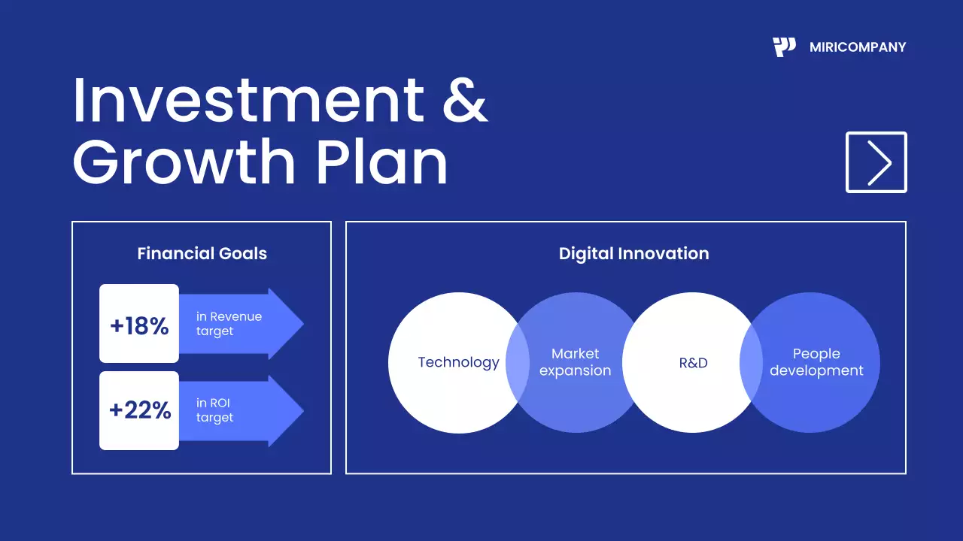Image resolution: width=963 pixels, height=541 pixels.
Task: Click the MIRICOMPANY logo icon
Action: [784, 47]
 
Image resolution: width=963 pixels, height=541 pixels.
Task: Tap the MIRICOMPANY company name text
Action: [858, 47]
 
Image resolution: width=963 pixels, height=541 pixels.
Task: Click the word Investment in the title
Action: [249, 101]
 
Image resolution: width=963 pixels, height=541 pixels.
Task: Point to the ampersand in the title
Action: [466, 101]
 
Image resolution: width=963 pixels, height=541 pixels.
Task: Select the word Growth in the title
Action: [184, 162]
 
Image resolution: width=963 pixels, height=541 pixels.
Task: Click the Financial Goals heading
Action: [202, 254]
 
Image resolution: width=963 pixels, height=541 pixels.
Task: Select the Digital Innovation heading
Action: [634, 254]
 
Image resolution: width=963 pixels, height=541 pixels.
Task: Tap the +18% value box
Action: [139, 323]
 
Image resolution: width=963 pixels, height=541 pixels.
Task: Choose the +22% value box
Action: [139, 410]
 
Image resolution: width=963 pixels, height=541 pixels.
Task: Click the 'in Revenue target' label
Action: [229, 324]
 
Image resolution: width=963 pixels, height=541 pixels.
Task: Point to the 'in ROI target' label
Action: [214, 410]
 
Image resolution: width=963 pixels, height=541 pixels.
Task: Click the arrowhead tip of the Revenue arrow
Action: [303, 323]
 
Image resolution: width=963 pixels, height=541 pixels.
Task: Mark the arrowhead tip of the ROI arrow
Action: [303, 411]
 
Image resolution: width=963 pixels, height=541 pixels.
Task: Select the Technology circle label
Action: [459, 362]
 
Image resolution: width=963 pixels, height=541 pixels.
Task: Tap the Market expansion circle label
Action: [576, 362]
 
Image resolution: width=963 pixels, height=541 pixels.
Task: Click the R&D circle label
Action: [693, 363]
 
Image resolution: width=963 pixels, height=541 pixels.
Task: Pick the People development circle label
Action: [816, 362]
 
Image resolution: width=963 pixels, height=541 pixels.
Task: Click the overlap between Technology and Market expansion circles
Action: [518, 363]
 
